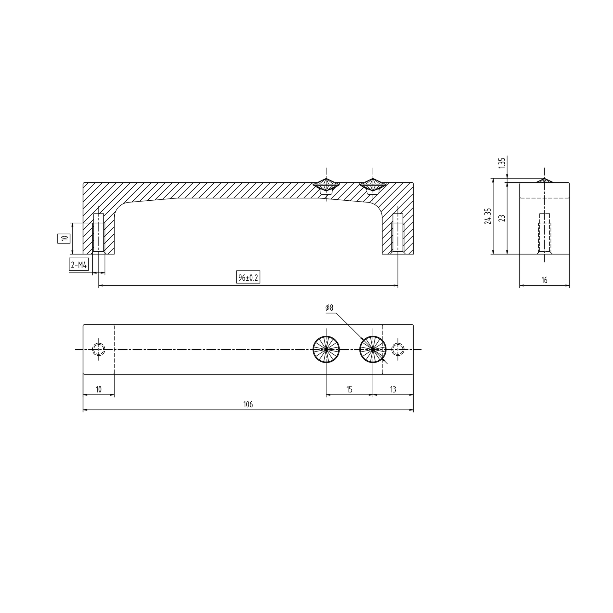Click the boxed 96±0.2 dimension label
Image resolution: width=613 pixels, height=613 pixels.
[x=248, y=277]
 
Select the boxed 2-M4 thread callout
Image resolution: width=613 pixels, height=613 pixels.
[x=79, y=264]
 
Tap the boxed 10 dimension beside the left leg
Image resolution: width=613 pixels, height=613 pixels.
[x=64, y=238]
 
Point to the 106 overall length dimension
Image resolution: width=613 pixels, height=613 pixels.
[x=248, y=404]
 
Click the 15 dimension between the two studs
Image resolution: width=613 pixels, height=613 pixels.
[x=349, y=389]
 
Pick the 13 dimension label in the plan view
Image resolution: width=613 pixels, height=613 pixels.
[x=393, y=389]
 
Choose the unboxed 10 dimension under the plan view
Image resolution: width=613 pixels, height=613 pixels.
[x=98, y=389]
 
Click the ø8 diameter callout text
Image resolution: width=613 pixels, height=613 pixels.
[x=329, y=307]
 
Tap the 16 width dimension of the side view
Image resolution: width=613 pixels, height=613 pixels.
[x=544, y=280]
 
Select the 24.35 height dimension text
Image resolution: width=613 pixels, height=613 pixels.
[x=488, y=216]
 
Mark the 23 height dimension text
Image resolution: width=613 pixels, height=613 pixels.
[x=501, y=218]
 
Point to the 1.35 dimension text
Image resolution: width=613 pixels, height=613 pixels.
[x=501, y=163]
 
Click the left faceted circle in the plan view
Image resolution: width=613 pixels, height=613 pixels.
[x=326, y=349]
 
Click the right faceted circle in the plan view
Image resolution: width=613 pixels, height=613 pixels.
[x=373, y=349]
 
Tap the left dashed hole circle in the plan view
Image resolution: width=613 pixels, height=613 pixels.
[x=99, y=349]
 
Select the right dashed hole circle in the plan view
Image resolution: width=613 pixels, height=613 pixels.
[x=398, y=349]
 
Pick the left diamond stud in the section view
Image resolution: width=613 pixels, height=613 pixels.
[x=326, y=186]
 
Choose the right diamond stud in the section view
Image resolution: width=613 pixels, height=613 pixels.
[x=373, y=186]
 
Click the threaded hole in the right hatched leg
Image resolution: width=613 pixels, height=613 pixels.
[x=398, y=234]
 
